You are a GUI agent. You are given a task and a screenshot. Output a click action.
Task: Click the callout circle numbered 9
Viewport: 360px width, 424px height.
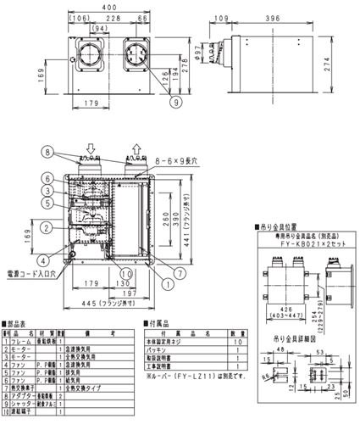click(174, 103)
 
